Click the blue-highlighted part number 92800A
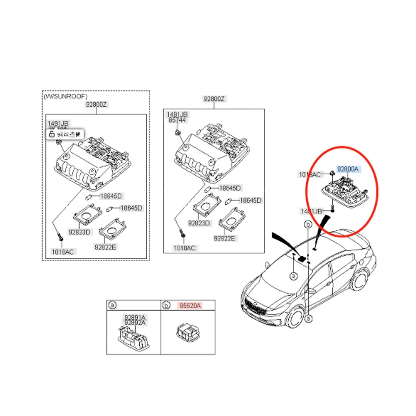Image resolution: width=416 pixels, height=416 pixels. click(348, 169)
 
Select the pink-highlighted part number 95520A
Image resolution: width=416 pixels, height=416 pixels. click(190, 306)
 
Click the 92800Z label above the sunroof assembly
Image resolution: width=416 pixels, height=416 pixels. click(97, 105)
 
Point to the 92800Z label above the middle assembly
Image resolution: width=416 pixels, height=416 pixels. click(214, 99)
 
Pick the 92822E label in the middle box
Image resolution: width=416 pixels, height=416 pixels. click(224, 239)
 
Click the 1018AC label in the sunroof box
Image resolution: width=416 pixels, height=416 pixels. click(62, 251)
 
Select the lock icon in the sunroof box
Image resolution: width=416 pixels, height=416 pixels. click(51, 134)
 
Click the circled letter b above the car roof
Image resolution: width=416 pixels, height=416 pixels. click(308, 225)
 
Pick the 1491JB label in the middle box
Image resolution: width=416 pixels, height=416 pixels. click(177, 114)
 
